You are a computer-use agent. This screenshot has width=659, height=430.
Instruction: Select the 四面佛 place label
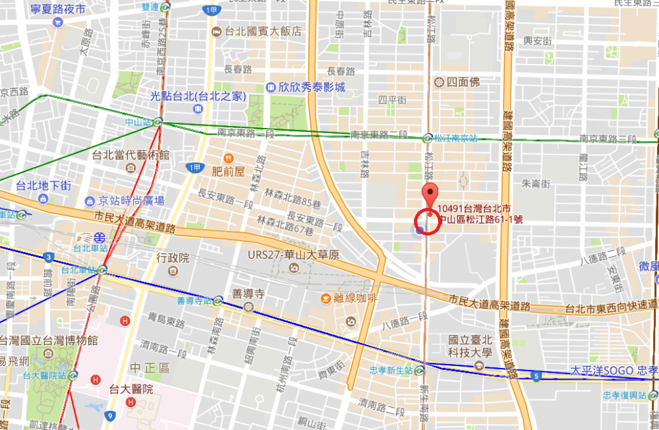(461, 82)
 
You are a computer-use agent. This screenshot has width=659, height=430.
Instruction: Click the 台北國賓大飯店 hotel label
(264, 31)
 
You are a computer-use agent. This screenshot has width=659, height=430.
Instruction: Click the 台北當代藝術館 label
(130, 156)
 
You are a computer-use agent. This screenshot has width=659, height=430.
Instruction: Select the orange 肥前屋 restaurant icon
(228, 158)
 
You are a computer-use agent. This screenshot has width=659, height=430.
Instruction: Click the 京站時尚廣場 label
(131, 200)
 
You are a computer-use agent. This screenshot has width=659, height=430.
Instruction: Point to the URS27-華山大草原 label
(293, 255)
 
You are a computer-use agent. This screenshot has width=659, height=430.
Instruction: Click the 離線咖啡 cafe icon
(326, 299)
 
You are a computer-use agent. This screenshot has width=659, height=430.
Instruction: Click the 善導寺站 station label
(195, 301)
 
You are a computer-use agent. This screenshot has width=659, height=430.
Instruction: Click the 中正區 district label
(150, 367)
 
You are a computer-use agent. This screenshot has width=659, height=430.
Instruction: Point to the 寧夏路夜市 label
(58, 9)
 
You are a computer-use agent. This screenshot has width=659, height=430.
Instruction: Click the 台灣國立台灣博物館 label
(49, 340)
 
